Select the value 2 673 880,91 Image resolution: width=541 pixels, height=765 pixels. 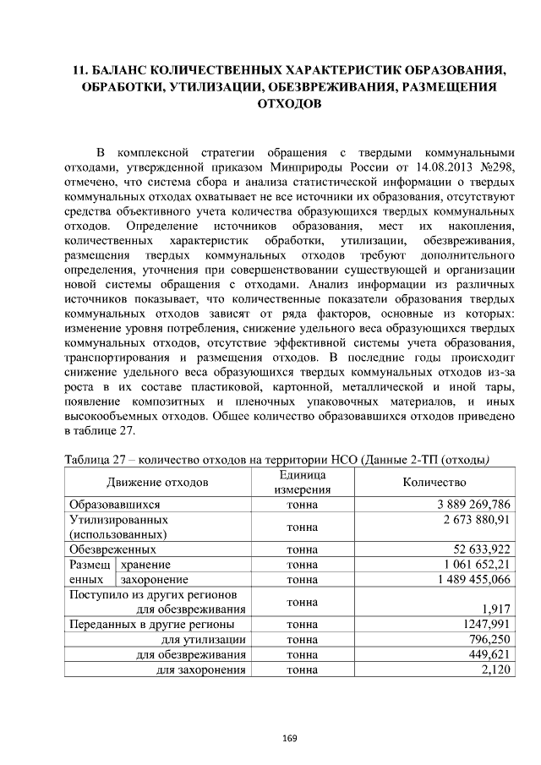[479, 520]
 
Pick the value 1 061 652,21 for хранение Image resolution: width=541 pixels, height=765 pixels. [478, 564]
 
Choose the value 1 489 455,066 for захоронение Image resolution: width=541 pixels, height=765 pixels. [475, 579]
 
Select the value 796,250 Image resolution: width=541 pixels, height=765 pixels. [489, 640]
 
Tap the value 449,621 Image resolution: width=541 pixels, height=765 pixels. [489, 655]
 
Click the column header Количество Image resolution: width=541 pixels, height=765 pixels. [434, 482]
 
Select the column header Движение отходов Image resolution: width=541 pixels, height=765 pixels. [157, 482]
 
